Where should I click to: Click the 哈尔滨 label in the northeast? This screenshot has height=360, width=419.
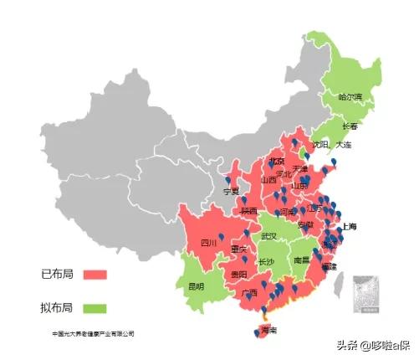pos(351,97)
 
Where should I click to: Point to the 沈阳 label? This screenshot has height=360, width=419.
pos(319,144)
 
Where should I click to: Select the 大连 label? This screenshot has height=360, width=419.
pos(344,145)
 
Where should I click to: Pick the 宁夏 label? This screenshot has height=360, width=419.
pos(231,191)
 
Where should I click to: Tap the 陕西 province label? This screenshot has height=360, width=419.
pos(248,212)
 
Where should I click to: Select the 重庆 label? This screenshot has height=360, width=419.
pos(238,249)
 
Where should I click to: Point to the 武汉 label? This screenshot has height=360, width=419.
pos(270,236)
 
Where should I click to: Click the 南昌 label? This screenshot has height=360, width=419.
pos(302,260)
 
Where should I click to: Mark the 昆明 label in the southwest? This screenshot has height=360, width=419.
pos(196,286)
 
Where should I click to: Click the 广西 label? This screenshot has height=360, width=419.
pos(248,294)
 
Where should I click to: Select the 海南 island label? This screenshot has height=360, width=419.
pos(268,331)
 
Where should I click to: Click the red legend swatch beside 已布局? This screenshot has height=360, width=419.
pos(96,275)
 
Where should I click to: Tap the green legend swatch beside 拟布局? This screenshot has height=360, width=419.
pos(96,307)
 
